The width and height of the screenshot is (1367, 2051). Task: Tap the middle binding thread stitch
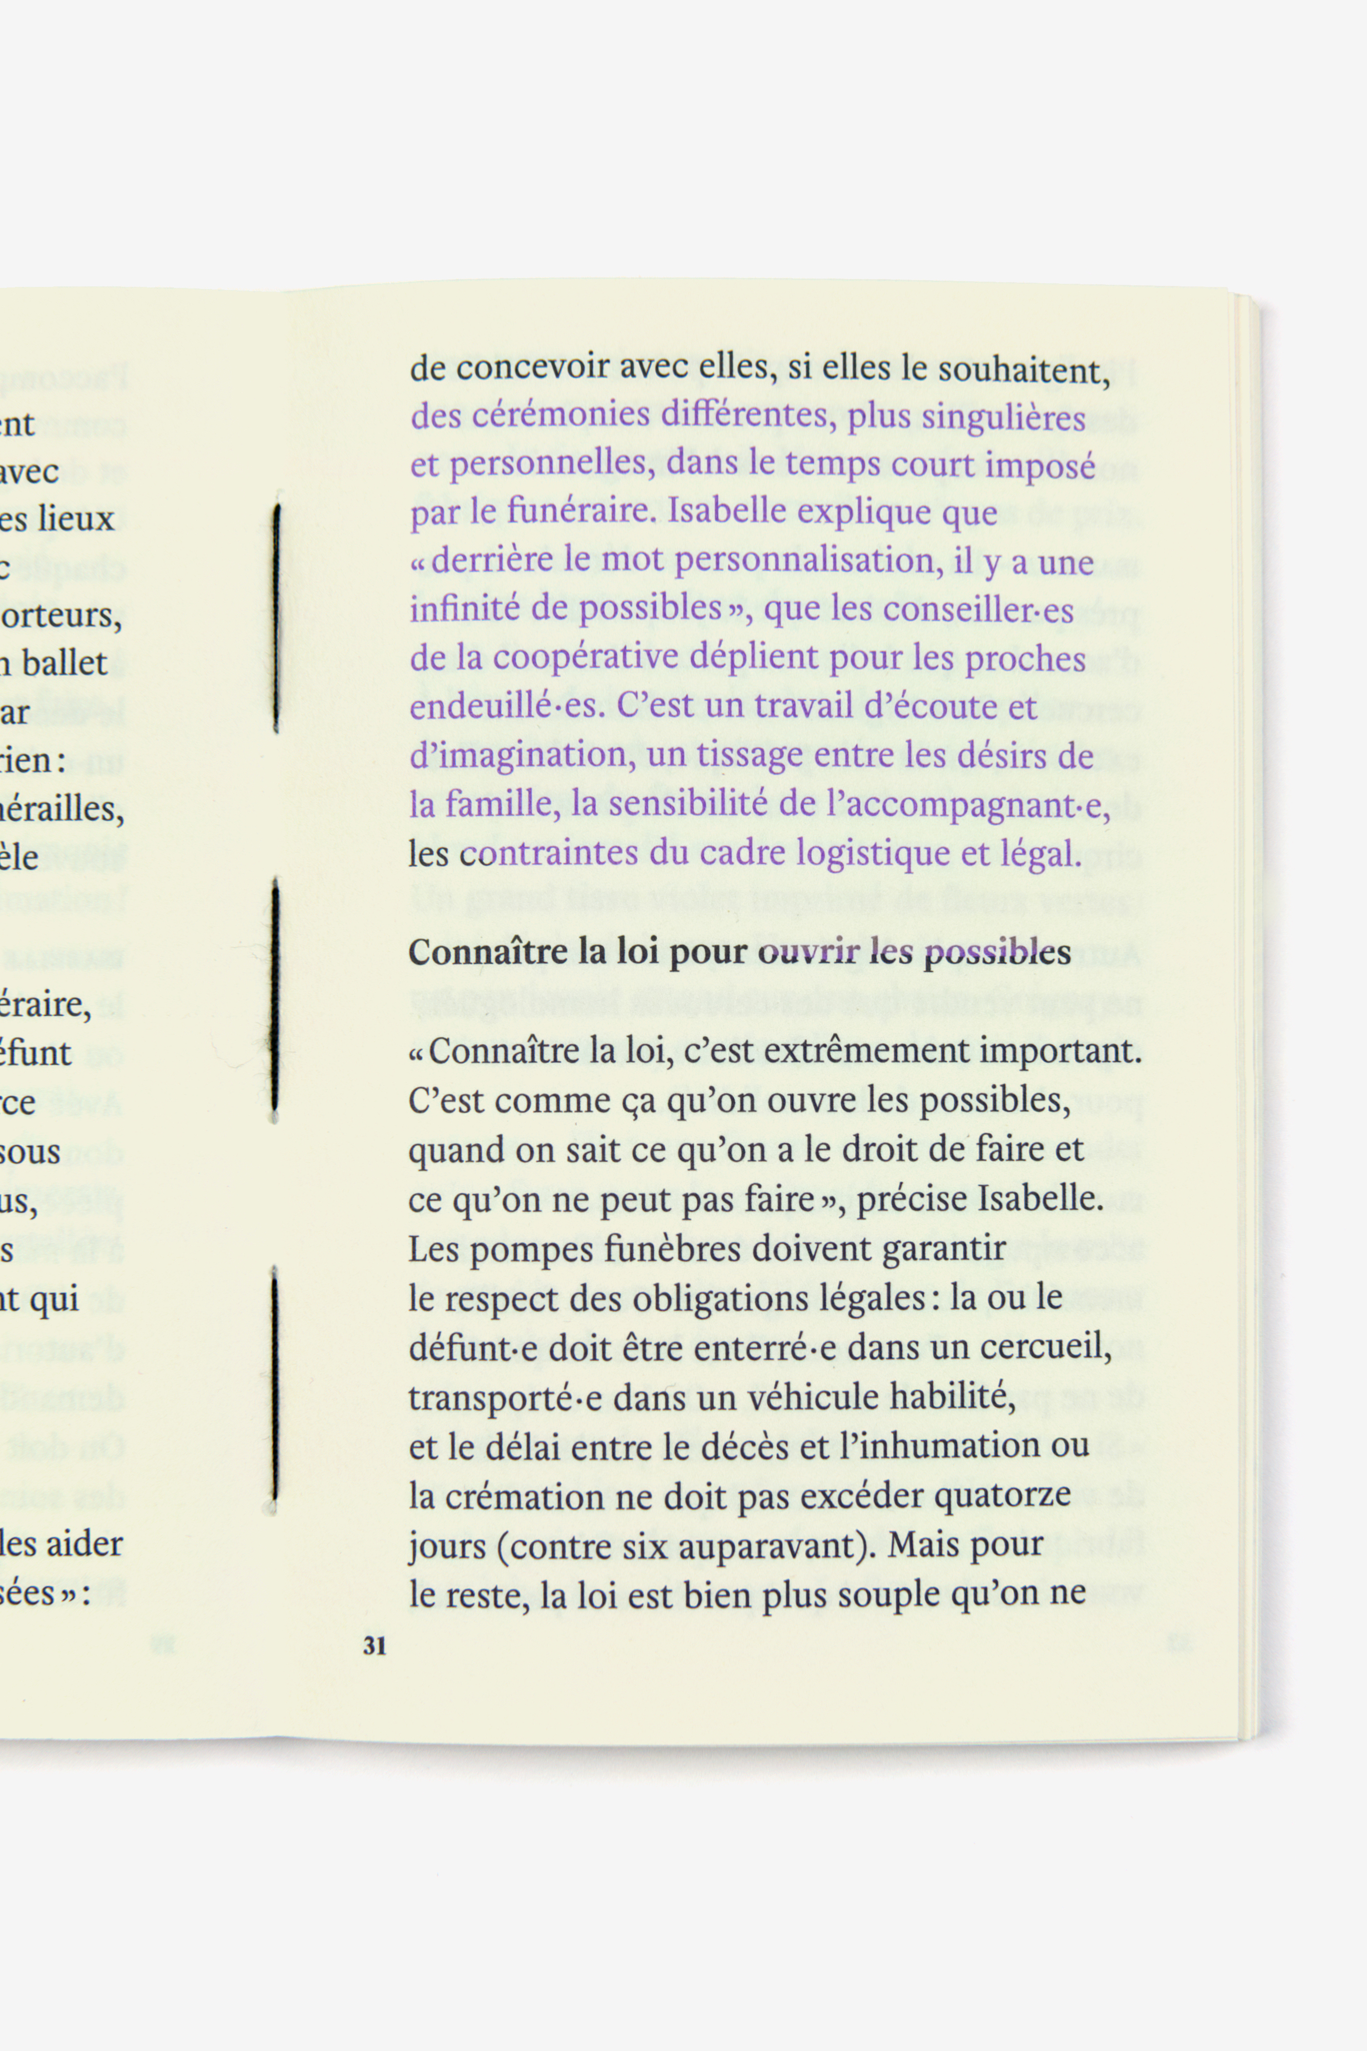tap(275, 999)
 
